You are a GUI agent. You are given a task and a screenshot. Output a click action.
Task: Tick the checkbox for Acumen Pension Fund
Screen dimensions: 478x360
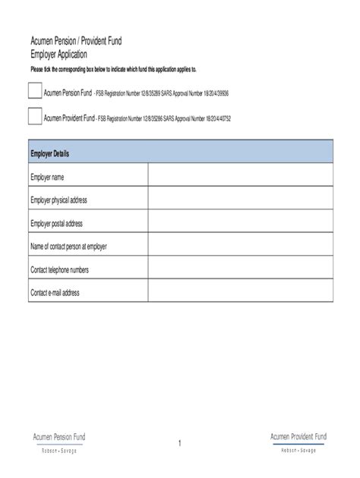tap(35, 91)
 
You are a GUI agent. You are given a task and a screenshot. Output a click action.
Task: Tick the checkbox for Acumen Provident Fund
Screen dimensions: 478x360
tap(35, 117)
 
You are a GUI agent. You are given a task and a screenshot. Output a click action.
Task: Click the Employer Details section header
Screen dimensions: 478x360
tap(181, 153)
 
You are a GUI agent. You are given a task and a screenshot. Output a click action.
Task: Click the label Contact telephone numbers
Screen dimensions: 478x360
tap(60, 269)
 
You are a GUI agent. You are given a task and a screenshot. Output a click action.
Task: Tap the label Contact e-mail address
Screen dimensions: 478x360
tap(55, 293)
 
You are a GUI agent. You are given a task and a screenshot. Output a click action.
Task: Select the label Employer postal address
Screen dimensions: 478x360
tap(56, 223)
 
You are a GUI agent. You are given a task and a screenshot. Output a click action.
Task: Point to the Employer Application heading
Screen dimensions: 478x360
tap(58, 55)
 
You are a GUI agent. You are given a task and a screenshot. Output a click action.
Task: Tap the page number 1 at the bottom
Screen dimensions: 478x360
tap(180, 443)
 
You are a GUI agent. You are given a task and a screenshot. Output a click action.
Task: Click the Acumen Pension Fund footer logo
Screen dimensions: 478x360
tap(58, 442)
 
